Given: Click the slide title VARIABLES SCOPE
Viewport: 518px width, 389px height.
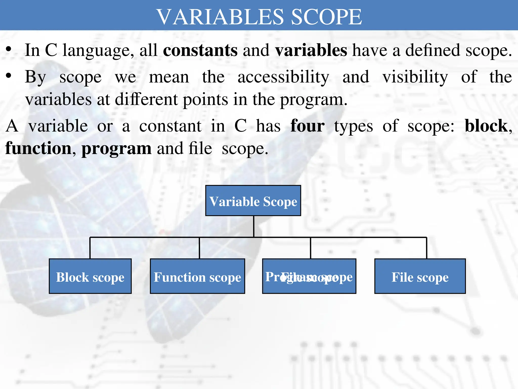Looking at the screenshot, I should click(x=259, y=17).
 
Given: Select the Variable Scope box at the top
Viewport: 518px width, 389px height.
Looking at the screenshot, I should click(x=253, y=201).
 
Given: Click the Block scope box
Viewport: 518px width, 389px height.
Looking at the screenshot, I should click(x=90, y=276).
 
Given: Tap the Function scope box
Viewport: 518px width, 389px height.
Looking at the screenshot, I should click(x=197, y=276).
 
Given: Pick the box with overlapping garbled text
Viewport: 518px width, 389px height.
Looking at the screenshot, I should click(x=309, y=276).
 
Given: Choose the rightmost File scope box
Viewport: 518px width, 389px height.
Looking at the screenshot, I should click(x=420, y=276).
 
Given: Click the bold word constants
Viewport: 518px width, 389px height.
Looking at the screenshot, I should click(x=200, y=50).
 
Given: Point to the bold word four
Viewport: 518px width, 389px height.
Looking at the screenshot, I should click(x=307, y=126).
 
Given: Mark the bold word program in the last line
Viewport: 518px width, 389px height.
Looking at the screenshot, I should click(x=116, y=149).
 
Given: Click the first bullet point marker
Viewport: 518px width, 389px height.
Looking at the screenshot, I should click(x=9, y=50).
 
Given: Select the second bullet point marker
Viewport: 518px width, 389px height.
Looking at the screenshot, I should click(x=9, y=76).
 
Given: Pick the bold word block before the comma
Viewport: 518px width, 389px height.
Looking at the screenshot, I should click(x=486, y=126).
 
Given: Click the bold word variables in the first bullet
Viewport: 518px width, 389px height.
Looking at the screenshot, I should click(x=311, y=50).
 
